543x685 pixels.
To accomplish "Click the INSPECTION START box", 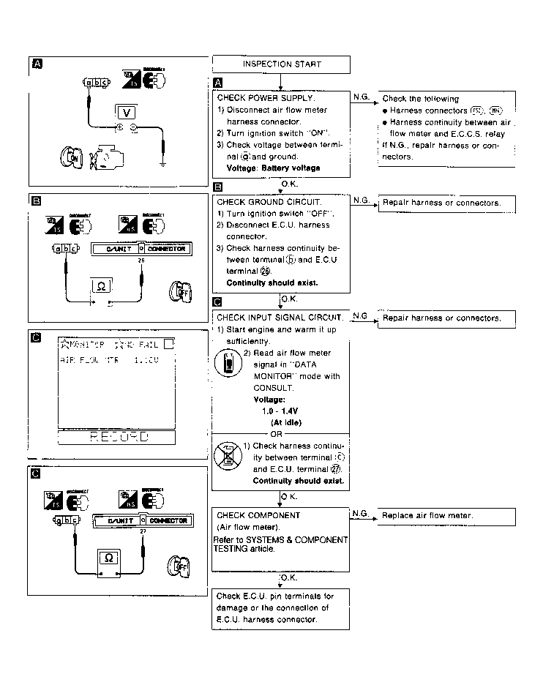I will [x=281, y=64].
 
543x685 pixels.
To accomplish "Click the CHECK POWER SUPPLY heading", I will [x=266, y=97].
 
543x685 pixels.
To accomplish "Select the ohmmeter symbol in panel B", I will [x=101, y=285].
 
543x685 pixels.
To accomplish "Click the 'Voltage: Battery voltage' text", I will [x=273, y=168].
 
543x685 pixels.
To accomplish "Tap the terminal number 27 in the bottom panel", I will [x=141, y=532].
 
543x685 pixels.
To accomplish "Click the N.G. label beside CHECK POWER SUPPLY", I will [x=361, y=97].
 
